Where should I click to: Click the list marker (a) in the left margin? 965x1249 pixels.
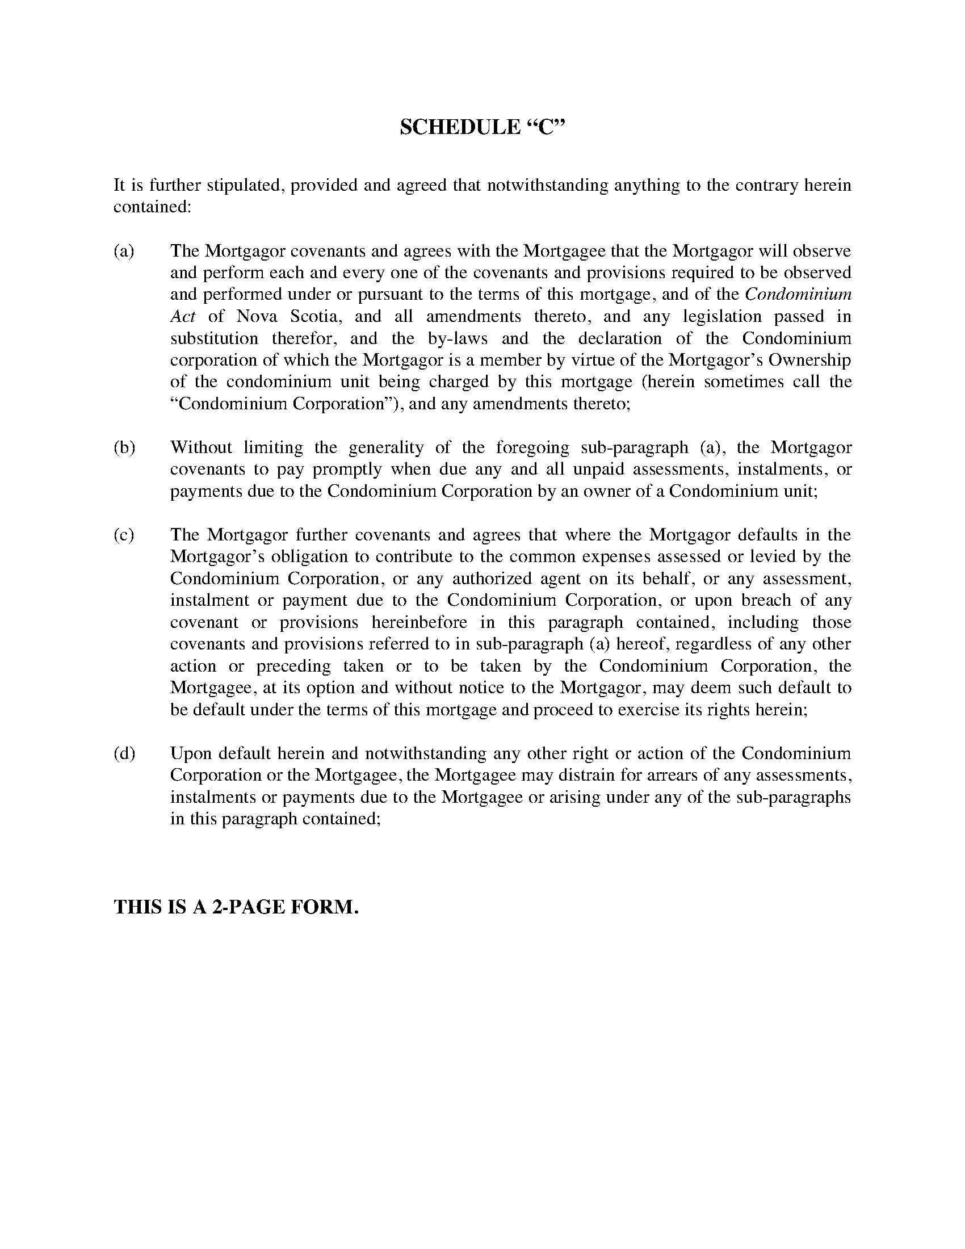pyautogui.click(x=124, y=251)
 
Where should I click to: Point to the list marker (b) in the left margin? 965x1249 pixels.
pyautogui.click(x=124, y=447)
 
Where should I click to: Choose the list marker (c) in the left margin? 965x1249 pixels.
pyautogui.click(x=124, y=535)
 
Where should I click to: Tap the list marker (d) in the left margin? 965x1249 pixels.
pyautogui.click(x=124, y=753)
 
